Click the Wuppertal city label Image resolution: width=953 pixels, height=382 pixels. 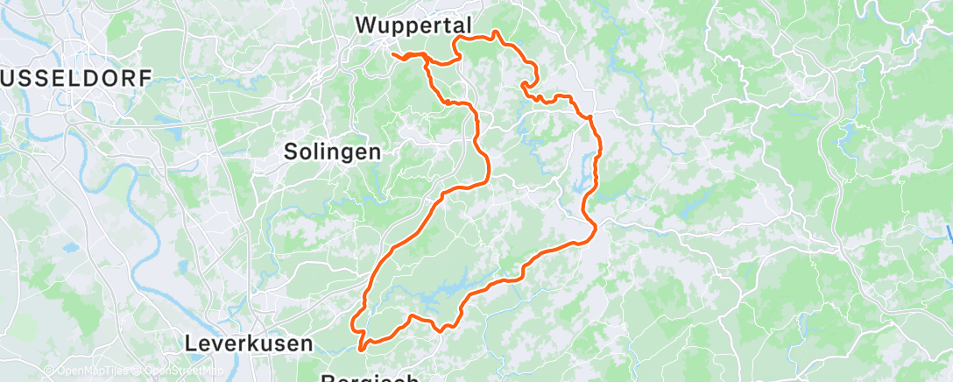[x=415, y=26]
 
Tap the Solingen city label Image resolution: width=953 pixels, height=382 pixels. [x=333, y=152]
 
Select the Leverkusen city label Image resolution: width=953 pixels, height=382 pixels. [x=249, y=344]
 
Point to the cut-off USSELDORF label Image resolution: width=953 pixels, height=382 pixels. [x=77, y=78]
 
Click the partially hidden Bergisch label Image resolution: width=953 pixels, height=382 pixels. [x=370, y=378]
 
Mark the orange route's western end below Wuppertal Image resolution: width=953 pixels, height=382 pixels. [x=392, y=55]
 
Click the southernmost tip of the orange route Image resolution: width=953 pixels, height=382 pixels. [x=361, y=355]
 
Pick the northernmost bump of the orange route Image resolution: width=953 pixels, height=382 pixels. [x=497, y=32]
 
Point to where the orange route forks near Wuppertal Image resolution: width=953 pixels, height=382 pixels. [x=427, y=58]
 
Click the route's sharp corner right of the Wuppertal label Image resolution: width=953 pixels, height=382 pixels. [x=456, y=39]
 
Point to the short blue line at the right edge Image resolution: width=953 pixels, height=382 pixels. [x=949, y=235]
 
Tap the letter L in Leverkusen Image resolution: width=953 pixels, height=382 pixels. [x=191, y=344]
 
